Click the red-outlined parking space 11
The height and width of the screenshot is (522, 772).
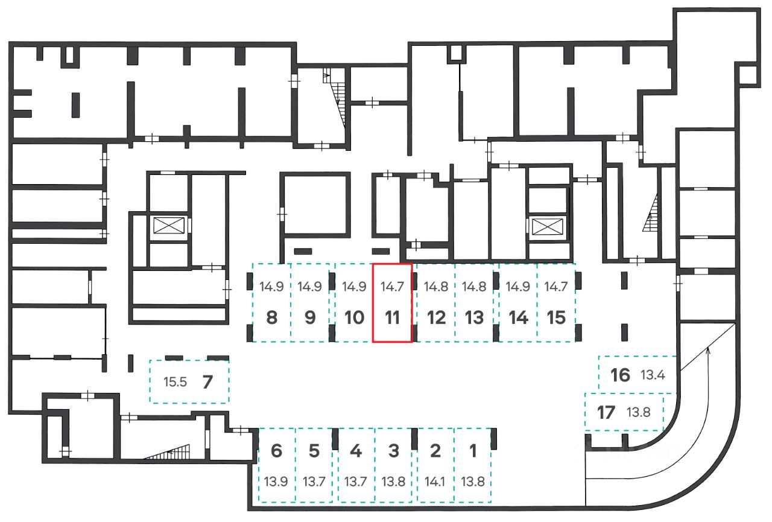pos(393,303)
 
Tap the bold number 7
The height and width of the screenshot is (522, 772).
pos(207,381)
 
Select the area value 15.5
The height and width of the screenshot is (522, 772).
pos(175,382)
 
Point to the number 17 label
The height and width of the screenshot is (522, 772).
pos(606,413)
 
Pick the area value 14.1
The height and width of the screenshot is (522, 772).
pos(435,482)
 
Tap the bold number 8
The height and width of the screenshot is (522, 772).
pos(271,317)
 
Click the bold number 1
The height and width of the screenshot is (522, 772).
pos(473,450)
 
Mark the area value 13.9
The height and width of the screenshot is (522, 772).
pos(276,482)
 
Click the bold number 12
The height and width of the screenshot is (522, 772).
pos(436,317)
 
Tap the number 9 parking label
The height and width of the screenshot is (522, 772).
pos(310,317)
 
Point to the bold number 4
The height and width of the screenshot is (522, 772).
pos(356,450)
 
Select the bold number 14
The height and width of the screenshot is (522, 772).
pos(518,317)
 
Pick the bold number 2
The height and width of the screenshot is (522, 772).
pos(435,450)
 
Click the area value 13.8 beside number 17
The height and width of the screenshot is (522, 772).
pos(638,413)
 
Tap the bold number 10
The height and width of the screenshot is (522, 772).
pos(354,317)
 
